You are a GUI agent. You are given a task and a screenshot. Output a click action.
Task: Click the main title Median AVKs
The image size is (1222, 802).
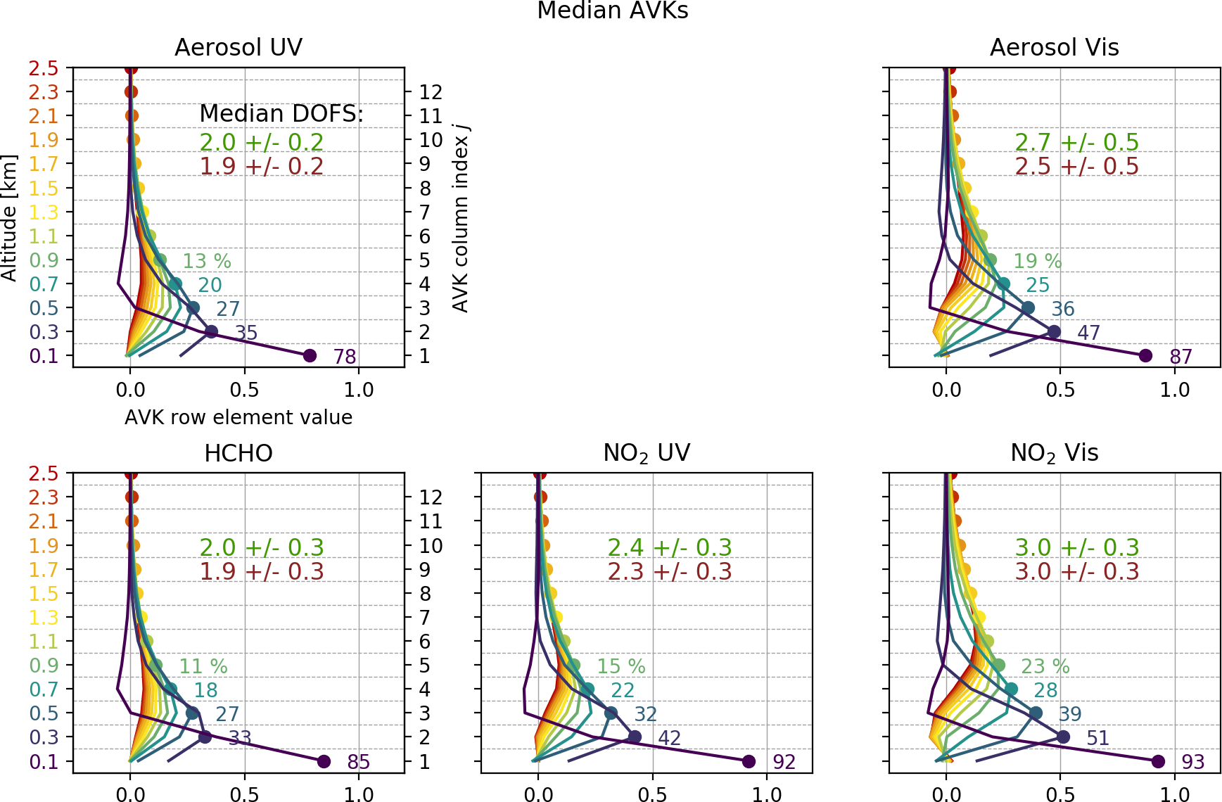tap(612, 11)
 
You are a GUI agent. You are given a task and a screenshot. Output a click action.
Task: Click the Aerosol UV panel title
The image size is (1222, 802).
tap(238, 47)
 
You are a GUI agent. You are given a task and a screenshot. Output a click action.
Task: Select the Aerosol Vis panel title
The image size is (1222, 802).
tap(1054, 47)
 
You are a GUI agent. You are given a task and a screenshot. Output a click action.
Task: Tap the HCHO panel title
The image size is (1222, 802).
tap(238, 453)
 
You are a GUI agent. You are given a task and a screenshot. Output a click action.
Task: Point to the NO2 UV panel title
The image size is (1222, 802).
tap(647, 453)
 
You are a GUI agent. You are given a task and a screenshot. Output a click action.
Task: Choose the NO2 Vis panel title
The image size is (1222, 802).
tap(1054, 453)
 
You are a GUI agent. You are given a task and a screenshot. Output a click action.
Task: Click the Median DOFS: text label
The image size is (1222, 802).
tap(281, 113)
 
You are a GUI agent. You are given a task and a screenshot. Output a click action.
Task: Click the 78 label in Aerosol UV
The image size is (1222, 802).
tap(345, 357)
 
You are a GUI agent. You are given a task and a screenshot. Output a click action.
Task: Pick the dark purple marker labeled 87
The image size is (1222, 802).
tap(1145, 356)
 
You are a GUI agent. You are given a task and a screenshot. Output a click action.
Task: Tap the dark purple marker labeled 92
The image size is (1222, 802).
tap(749, 761)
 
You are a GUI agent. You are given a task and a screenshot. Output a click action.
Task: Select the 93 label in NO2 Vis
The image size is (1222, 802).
tap(1193, 762)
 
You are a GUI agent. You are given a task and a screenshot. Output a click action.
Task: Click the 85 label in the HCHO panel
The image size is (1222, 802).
tap(359, 762)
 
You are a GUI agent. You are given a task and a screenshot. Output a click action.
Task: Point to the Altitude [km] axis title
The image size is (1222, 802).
tap(9, 218)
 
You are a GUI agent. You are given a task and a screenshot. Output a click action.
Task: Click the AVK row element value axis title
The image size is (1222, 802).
tap(238, 417)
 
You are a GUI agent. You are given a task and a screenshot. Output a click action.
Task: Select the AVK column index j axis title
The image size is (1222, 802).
tap(461, 218)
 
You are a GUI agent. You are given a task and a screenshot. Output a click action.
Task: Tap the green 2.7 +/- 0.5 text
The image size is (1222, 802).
tap(1076, 142)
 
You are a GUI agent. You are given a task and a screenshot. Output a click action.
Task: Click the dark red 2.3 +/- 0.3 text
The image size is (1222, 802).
tap(669, 571)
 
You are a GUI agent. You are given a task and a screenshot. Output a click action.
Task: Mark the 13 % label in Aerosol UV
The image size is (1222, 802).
tap(207, 261)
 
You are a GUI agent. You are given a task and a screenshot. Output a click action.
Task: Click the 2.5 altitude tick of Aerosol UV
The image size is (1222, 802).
tap(44, 68)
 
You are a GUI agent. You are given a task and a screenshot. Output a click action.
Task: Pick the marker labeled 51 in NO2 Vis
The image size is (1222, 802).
tap(1063, 737)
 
